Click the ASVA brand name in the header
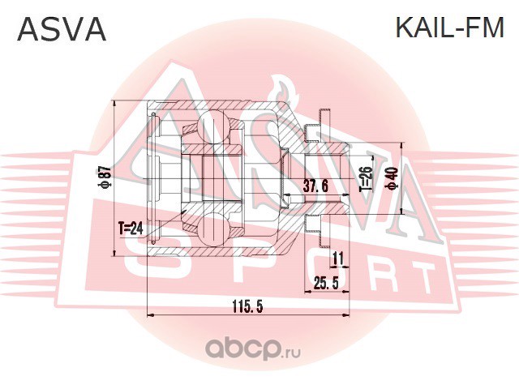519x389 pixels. pyautogui.click(x=62, y=29)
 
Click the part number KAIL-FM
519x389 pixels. pyautogui.click(x=450, y=28)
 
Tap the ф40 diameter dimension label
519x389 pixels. pyautogui.click(x=393, y=178)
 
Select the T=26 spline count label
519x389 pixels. pyautogui.click(x=366, y=178)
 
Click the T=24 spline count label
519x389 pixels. pyautogui.click(x=131, y=228)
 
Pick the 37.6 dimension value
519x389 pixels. pyautogui.click(x=315, y=186)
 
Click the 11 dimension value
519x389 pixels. pyautogui.click(x=337, y=258)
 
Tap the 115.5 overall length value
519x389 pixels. pyautogui.click(x=247, y=307)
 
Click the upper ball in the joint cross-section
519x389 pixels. pyautogui.click(x=213, y=126)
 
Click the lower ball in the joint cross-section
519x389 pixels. pyautogui.click(x=213, y=229)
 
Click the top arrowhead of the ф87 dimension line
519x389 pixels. pyautogui.click(x=114, y=104)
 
